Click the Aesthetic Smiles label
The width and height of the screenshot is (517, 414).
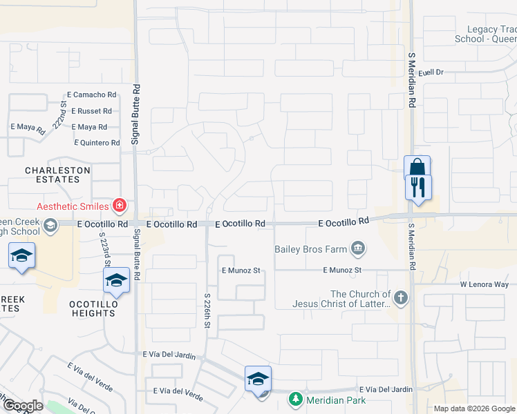click(73, 206)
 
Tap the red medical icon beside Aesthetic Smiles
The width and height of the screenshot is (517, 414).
click(119, 206)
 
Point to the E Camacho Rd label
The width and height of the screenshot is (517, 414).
click(91, 95)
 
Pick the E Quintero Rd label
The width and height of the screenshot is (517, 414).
click(97, 143)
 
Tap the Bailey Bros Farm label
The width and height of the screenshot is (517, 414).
click(310, 249)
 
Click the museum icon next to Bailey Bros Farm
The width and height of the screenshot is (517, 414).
click(357, 248)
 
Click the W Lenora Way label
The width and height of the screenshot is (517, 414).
click(485, 284)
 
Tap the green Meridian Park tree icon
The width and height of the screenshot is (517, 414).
click(296, 400)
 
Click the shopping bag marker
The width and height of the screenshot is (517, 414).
click(417, 167)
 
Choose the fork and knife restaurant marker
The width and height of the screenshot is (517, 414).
click(418, 186)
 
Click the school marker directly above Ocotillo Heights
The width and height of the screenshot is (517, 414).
click(116, 280)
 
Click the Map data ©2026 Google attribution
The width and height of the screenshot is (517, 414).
click(473, 408)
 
